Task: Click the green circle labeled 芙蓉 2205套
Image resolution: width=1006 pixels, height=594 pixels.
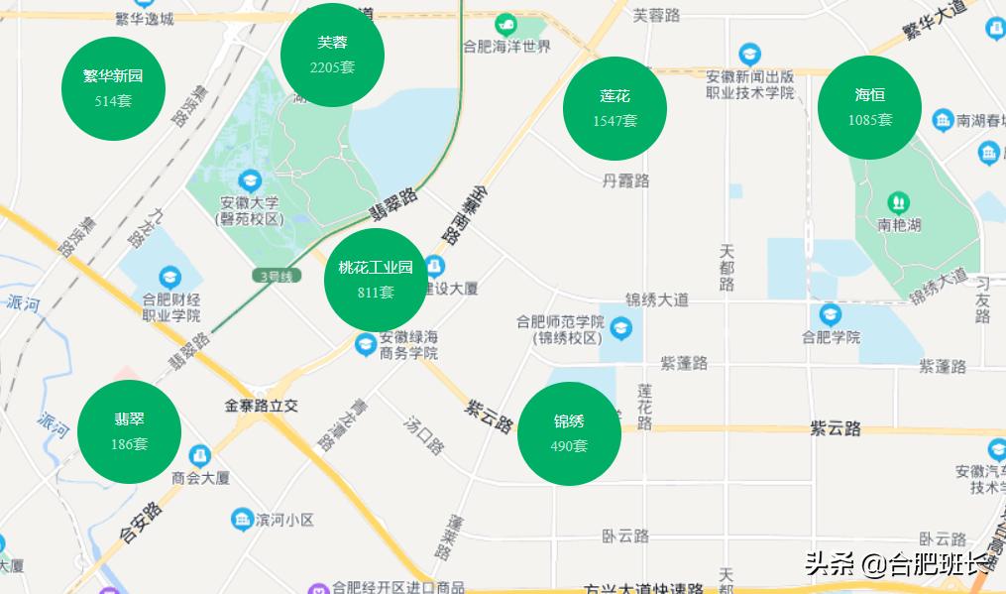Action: pyautogui.click(x=332, y=55)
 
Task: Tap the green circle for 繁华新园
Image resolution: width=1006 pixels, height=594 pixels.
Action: pyautogui.click(x=113, y=87)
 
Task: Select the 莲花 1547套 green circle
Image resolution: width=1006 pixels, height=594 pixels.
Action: pyautogui.click(x=615, y=108)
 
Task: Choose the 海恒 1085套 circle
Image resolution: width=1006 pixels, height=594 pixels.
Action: pyautogui.click(x=869, y=107)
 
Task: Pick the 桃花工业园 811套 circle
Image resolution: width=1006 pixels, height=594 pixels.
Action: pyautogui.click(x=376, y=279)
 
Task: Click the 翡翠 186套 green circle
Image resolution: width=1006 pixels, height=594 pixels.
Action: pyautogui.click(x=129, y=431)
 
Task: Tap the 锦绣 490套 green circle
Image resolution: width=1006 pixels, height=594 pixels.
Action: pyautogui.click(x=569, y=433)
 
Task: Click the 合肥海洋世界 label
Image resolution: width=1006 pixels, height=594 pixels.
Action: pyautogui.click(x=506, y=47)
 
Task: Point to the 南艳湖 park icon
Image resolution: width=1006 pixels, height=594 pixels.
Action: pyautogui.click(x=899, y=202)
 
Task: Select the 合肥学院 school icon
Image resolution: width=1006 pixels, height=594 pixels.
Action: pyautogui.click(x=831, y=314)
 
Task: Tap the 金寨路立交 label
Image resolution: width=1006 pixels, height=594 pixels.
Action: pyautogui.click(x=262, y=406)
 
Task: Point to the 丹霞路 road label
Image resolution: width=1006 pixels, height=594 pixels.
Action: pyautogui.click(x=625, y=180)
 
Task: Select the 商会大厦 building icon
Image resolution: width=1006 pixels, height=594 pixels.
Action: pyautogui.click(x=200, y=455)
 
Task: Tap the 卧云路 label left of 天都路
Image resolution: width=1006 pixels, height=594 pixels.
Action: pyautogui.click(x=625, y=535)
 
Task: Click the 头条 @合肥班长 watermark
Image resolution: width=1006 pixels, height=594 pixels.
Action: pyautogui.click(x=897, y=564)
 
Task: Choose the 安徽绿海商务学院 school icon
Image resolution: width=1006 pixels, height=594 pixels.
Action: pyautogui.click(x=365, y=344)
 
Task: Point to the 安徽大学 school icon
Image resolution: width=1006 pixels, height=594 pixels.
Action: pyautogui.click(x=251, y=180)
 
